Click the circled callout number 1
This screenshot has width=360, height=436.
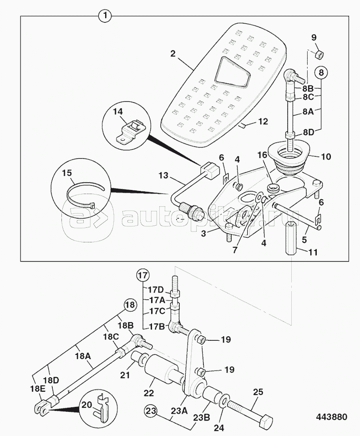[x=105, y=17]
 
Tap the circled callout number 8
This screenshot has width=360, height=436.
[x=321, y=72]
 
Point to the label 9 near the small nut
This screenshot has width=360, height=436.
[x=314, y=38]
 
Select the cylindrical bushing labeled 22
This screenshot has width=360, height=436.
[x=159, y=371]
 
